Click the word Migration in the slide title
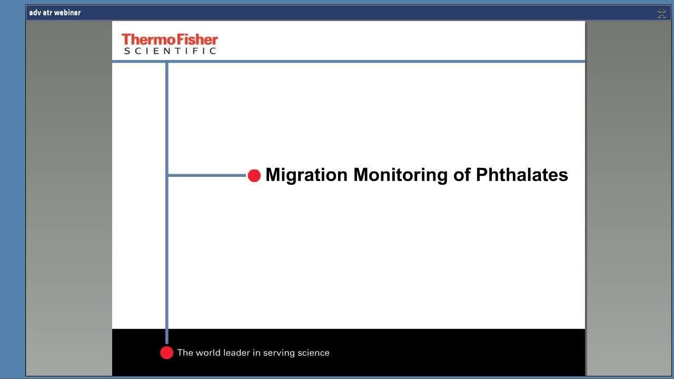[306, 175]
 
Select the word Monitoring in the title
[400, 175]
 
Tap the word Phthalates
[522, 175]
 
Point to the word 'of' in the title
[462, 175]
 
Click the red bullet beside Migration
[254, 176]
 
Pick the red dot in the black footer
[167, 353]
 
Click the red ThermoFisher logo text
[170, 39]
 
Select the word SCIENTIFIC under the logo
[170, 51]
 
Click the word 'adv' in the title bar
[35, 13]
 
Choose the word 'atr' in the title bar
[47, 13]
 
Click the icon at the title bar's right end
[662, 13]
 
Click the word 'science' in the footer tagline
[313, 353]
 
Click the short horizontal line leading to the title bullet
[207, 175]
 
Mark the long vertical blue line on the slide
[167, 203]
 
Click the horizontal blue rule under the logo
[349, 62]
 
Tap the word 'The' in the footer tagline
[185, 353]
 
